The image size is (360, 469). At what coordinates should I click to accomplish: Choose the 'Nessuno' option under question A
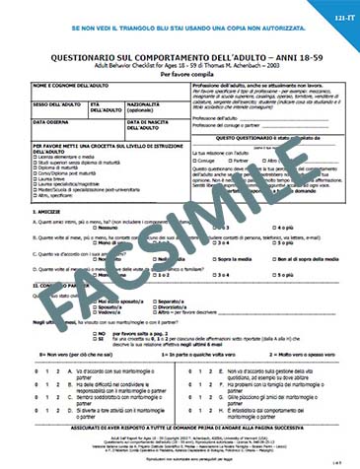tap(108, 226)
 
